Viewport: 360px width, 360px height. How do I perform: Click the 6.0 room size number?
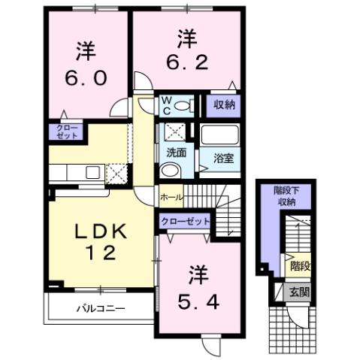tap(84, 78)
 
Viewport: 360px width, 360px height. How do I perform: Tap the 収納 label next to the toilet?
tap(223, 104)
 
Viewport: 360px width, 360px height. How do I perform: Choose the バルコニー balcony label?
tap(99, 309)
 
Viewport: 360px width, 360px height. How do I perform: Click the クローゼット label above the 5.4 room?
tap(184, 222)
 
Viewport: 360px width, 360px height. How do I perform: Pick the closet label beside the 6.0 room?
tap(63, 132)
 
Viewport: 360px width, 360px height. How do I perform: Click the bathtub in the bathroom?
tap(219, 137)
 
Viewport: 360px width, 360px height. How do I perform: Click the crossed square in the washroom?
tap(176, 131)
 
